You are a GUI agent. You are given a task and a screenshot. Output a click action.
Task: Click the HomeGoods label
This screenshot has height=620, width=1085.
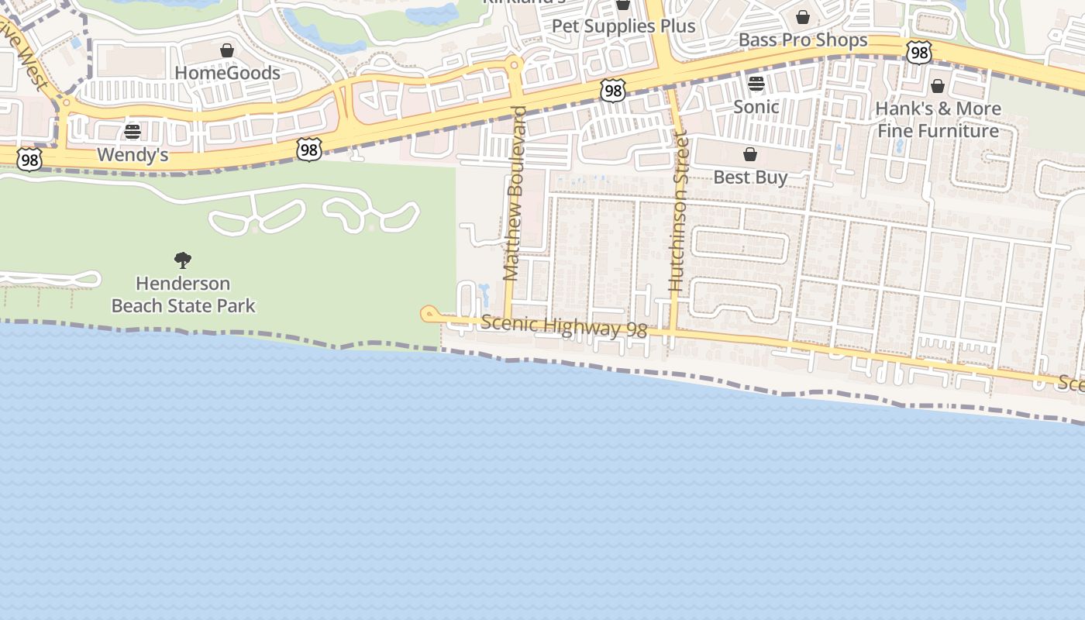point(227,73)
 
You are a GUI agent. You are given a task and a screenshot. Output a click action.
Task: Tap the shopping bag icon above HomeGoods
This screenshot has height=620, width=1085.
point(227,51)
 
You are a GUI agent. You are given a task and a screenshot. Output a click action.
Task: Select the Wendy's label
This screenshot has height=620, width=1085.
point(133,155)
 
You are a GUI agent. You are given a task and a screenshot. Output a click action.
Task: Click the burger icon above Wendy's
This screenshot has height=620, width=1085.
point(133,132)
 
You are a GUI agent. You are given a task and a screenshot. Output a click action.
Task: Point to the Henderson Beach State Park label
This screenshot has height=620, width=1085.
point(183,294)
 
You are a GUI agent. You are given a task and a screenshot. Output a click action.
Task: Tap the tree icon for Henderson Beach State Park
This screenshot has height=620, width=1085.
point(183,260)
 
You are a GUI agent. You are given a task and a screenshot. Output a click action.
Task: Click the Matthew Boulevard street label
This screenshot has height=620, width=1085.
point(515,193)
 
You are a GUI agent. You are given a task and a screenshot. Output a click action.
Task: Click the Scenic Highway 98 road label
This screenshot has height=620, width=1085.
point(563,326)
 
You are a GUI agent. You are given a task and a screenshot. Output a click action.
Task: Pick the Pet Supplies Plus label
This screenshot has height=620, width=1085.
point(623,26)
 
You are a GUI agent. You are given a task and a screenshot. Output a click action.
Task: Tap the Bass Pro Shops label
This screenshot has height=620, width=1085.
point(803,40)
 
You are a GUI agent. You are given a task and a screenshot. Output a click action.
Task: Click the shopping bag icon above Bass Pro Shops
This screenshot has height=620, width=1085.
point(803,17)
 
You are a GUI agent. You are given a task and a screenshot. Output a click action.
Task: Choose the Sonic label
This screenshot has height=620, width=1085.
point(756,106)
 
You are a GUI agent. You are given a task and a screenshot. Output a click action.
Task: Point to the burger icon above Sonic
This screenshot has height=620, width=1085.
point(756,84)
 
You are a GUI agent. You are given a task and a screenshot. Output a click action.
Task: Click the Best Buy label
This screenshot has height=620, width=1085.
point(750,177)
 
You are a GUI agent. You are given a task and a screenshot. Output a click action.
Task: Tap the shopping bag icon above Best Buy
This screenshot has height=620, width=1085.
point(750,155)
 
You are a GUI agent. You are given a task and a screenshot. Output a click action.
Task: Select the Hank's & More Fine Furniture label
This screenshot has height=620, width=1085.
point(938,119)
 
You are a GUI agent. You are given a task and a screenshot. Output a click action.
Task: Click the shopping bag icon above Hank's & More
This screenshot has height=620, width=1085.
point(938,86)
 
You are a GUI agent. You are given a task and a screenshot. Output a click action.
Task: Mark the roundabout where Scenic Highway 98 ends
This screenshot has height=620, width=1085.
point(428,314)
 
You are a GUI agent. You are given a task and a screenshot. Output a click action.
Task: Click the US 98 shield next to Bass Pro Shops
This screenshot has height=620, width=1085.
point(918,53)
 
